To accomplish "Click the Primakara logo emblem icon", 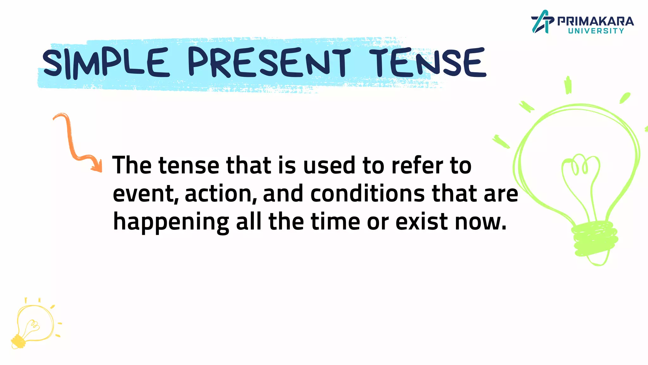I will point(542,22).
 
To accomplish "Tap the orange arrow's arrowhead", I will point(97,166).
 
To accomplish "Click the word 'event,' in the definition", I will point(146,194).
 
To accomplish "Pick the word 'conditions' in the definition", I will point(367,194).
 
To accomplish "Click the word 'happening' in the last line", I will point(171,222).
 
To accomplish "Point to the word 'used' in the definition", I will point(329,165).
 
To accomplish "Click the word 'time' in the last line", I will point(335,222).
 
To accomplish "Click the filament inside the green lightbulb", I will point(581,168).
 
